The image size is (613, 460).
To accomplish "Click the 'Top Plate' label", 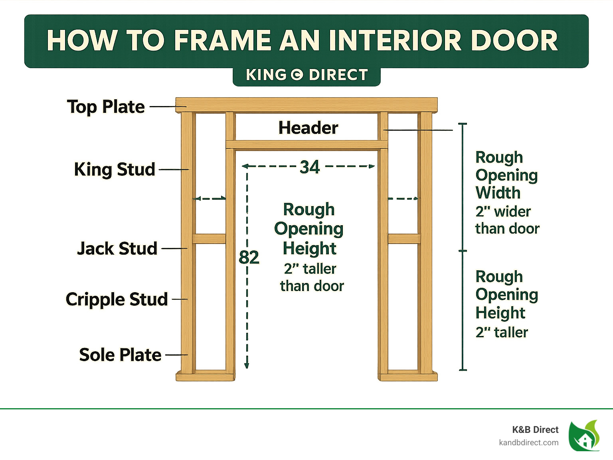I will [x=106, y=107].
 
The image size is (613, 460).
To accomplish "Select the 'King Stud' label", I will [x=115, y=169].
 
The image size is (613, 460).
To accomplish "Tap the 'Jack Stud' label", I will [x=117, y=248].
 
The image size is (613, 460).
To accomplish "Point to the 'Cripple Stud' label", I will [x=117, y=299].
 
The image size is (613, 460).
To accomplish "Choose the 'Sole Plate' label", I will [x=120, y=355].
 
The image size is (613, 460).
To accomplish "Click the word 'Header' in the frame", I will [x=308, y=128].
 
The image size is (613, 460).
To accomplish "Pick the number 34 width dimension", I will [x=310, y=167].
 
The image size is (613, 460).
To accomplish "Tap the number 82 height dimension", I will [x=249, y=258].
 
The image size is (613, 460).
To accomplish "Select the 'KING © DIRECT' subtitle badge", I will [x=306, y=75].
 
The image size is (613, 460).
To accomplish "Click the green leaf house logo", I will [x=584, y=436].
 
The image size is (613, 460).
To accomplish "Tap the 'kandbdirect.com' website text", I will [x=528, y=442].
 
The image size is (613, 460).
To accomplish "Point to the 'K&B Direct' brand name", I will [x=535, y=430].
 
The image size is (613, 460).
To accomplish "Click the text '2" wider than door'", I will [x=507, y=220].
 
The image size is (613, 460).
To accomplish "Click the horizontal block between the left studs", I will [x=209, y=239].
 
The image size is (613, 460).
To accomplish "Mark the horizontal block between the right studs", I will [x=404, y=239].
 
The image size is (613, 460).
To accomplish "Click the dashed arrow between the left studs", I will [x=210, y=199].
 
